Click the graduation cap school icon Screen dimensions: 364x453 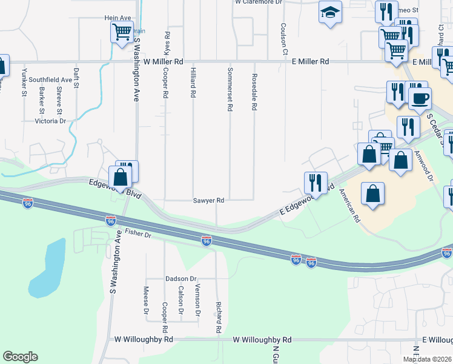330,12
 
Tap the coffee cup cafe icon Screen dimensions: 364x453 420,97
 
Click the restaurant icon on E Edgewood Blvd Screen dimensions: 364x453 315,181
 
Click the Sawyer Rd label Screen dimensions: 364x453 209,200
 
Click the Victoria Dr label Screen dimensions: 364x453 51,121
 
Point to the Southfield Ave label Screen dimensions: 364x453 50,79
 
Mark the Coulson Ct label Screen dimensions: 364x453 283,38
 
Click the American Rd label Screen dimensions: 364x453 349,205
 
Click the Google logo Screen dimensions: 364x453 20,357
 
